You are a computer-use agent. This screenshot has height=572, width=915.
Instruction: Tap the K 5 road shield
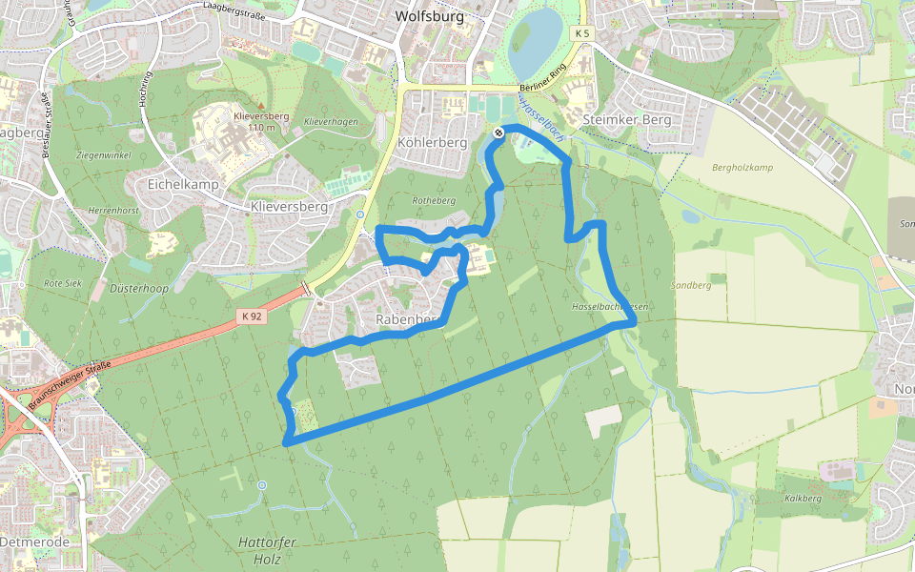[x=583, y=33]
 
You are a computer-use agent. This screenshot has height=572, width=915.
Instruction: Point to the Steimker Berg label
[x=625, y=120]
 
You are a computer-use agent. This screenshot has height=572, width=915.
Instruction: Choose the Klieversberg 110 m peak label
[x=260, y=121]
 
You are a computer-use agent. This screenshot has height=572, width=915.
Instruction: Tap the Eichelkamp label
[x=183, y=183]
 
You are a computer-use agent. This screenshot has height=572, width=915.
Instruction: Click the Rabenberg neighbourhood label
[x=406, y=318]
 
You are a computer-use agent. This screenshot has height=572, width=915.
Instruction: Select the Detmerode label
[x=35, y=541]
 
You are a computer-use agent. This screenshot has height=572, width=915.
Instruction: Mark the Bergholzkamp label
[x=742, y=168]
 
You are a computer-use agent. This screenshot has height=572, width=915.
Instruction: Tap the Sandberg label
[x=691, y=285]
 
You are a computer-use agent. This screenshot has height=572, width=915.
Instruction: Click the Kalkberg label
[x=803, y=499]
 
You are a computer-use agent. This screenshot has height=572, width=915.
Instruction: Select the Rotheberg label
[x=434, y=201]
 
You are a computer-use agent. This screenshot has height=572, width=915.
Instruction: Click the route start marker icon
[x=498, y=133]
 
